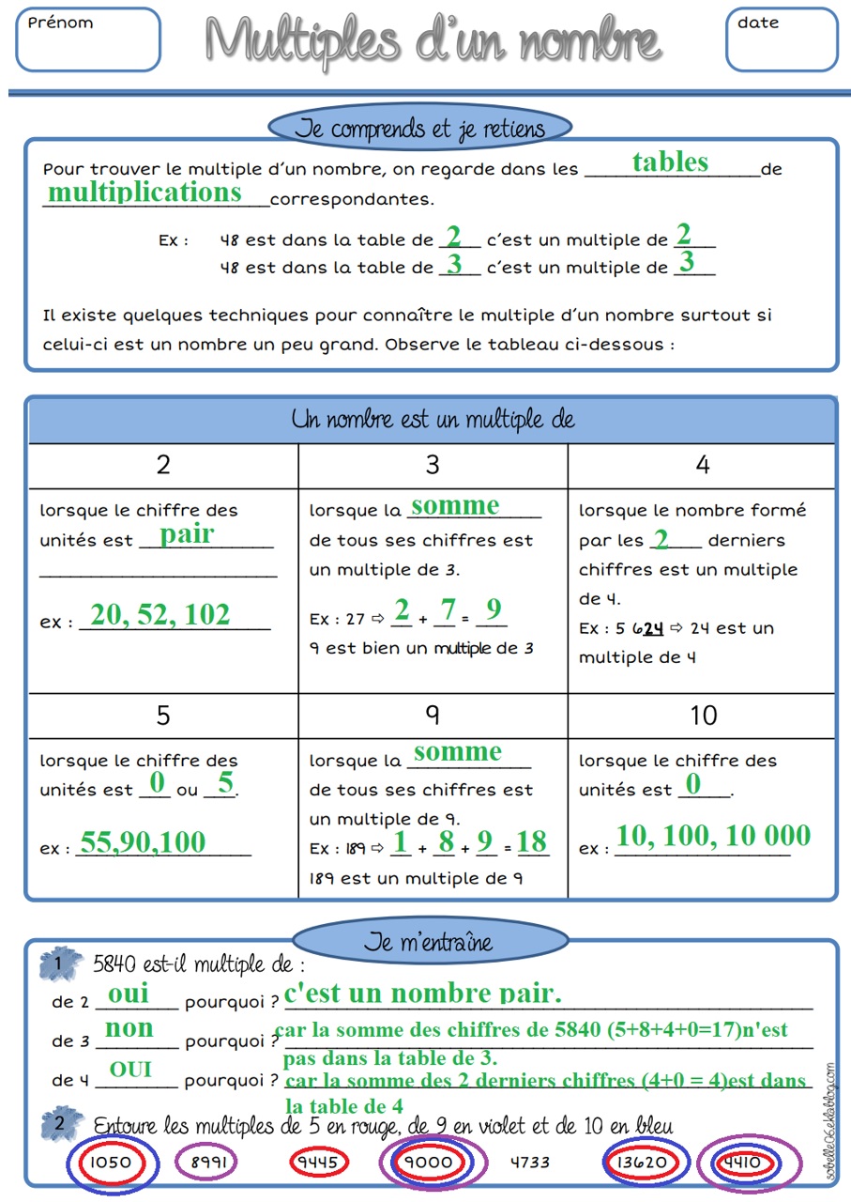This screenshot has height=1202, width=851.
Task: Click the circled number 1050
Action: pyautogui.click(x=112, y=1162)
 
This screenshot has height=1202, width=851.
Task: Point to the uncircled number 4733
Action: pyautogui.click(x=530, y=1162)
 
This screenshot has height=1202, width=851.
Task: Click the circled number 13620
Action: pyautogui.click(x=642, y=1162)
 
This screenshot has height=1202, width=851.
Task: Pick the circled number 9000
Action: pyautogui.click(x=428, y=1162)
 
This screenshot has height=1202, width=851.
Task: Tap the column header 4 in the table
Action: pyautogui.click(x=703, y=464)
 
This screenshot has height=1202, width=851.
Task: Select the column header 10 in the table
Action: pyautogui.click(x=703, y=716)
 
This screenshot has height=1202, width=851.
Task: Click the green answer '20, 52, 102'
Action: pyautogui.click(x=160, y=614)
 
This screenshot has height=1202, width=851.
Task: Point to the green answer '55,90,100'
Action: pyautogui.click(x=143, y=842)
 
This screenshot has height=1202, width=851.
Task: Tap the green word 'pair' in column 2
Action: pyautogui.click(x=187, y=534)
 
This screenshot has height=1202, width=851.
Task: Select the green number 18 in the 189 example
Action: pyautogui.click(x=532, y=842)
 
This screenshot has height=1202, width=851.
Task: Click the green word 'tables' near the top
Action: pyautogui.click(x=670, y=162)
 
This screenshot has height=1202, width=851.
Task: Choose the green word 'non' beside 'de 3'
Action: pyautogui.click(x=129, y=1028)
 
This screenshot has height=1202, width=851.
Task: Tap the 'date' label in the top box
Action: pyautogui.click(x=758, y=23)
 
